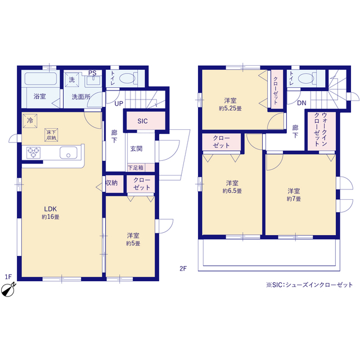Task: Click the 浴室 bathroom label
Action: point(39,96)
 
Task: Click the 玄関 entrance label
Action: point(136,148)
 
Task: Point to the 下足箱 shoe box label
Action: point(136,168)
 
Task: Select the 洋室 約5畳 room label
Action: point(133,240)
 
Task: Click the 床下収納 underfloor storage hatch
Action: point(52,134)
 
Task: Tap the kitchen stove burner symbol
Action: point(33,152)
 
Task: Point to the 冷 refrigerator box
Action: point(29,120)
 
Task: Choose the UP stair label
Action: point(119,104)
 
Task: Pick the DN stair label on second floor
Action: point(301,103)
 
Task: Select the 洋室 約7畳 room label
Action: point(294,194)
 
